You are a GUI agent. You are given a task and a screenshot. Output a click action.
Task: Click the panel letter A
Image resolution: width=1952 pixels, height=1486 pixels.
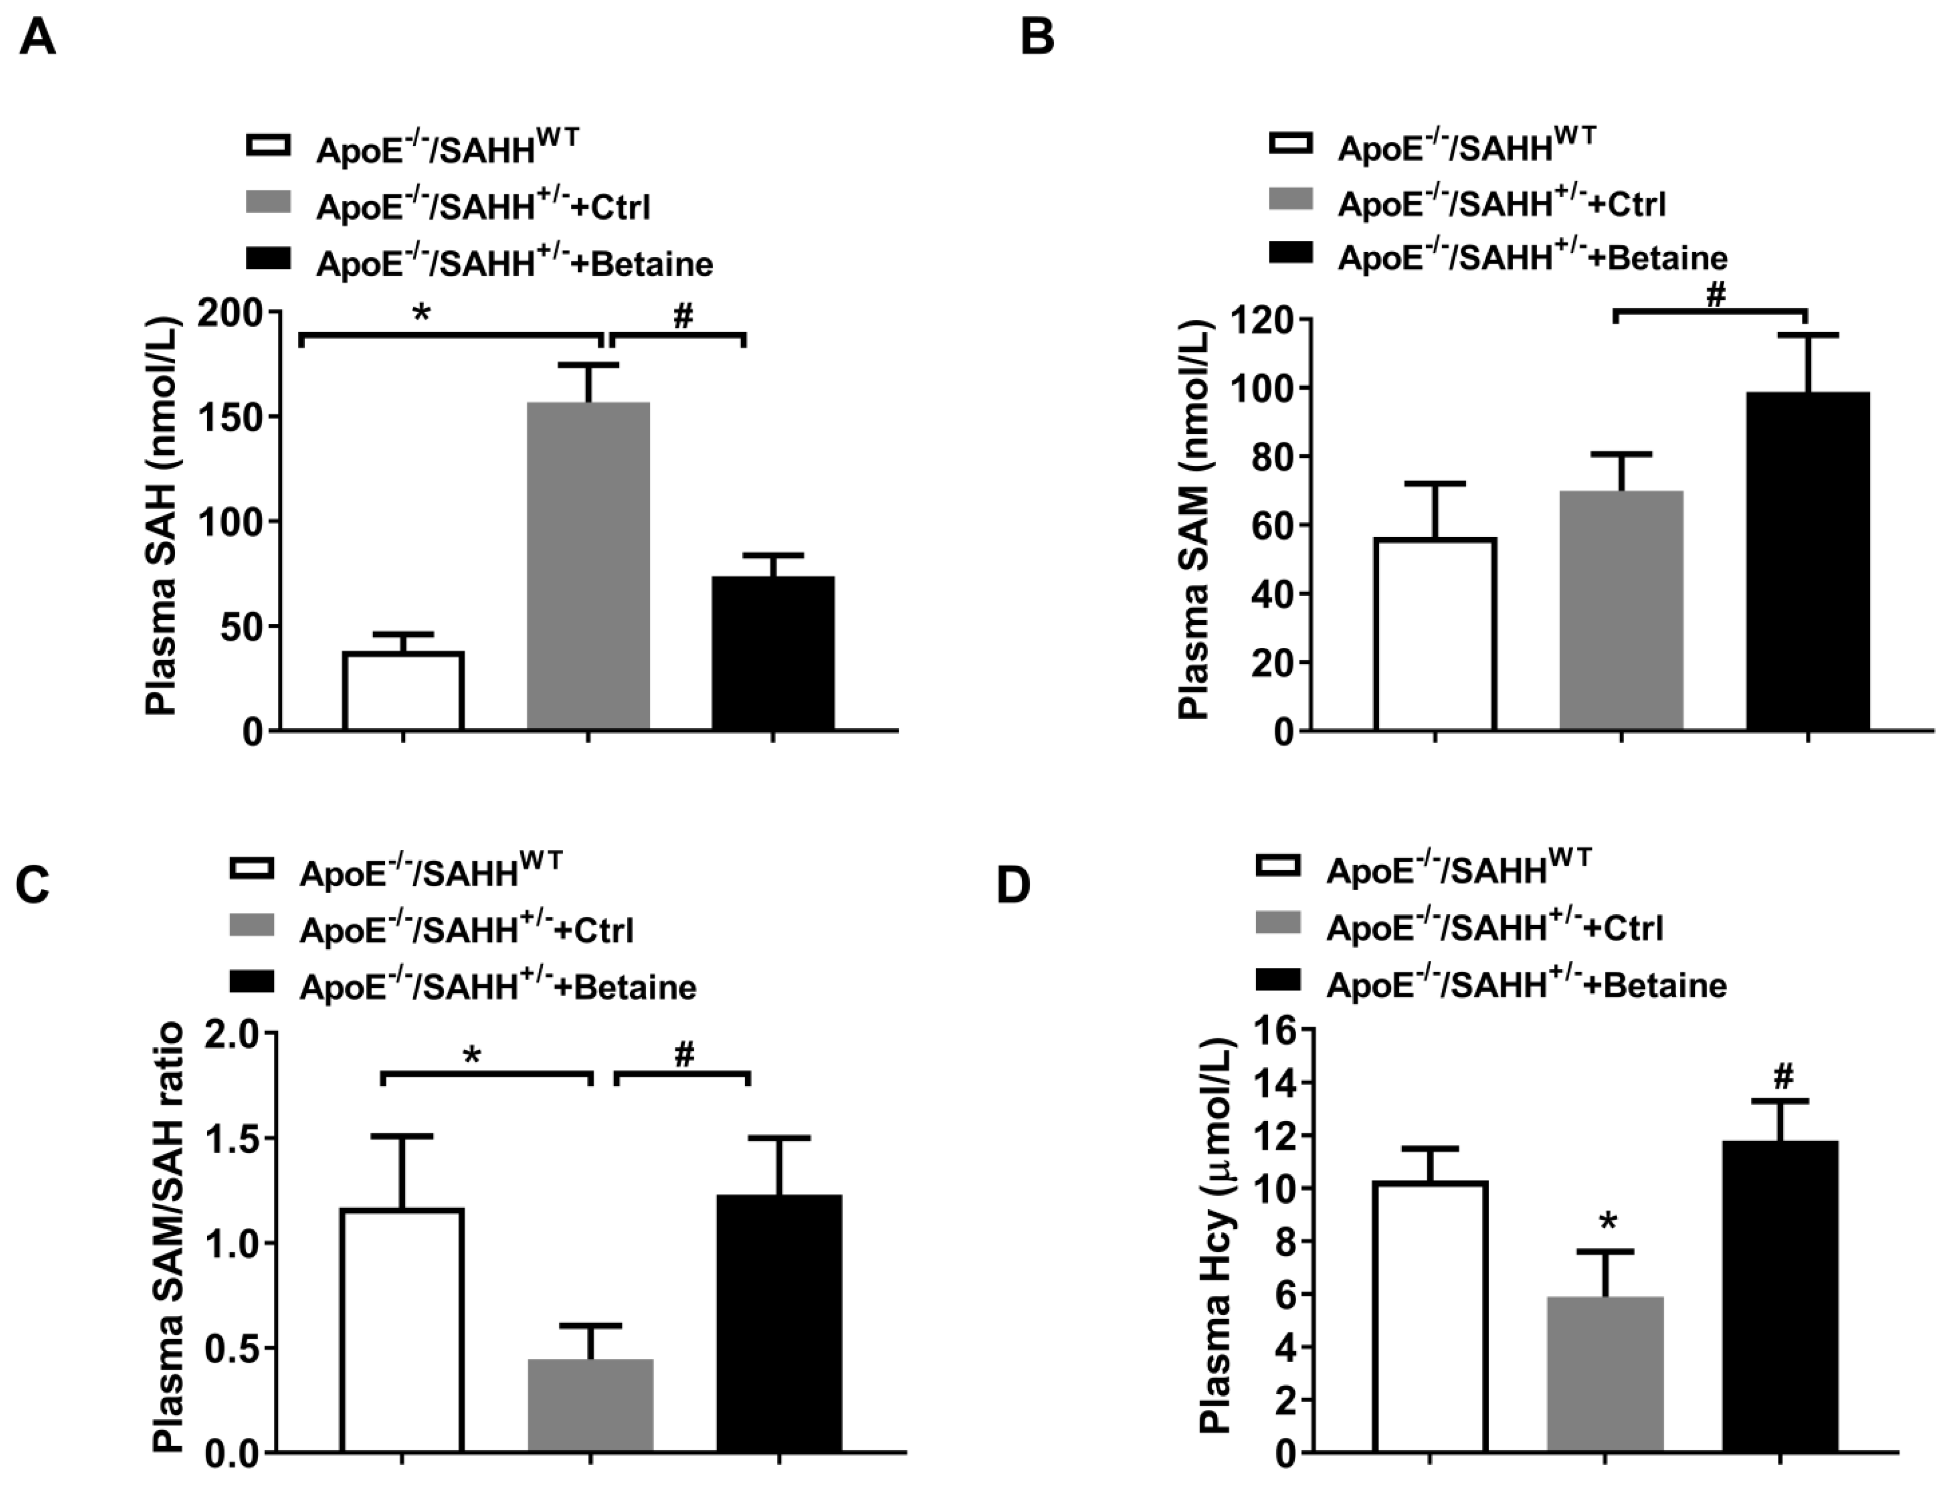click(37, 39)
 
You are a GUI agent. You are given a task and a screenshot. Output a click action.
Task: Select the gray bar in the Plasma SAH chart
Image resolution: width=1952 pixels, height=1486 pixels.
click(588, 566)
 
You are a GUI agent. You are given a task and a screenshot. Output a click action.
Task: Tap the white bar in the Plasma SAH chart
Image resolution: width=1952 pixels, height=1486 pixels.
click(403, 691)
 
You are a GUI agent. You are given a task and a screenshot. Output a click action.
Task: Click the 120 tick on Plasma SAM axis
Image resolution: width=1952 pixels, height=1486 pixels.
click(1258, 319)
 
